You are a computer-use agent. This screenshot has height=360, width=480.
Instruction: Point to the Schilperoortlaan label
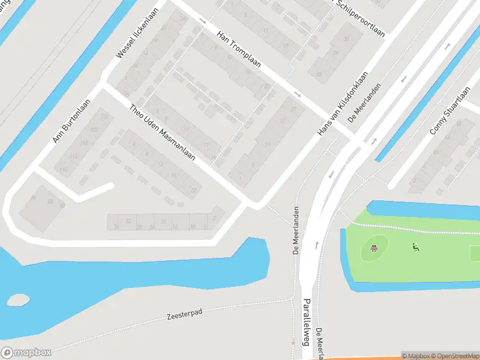coord(360,18)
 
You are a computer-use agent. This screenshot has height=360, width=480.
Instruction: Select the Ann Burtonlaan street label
coord(71,121)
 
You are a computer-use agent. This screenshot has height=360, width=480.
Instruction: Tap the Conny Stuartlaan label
coord(449,114)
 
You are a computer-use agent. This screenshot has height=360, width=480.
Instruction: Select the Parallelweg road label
coord(307,322)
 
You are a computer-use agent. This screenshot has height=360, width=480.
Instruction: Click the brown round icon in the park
coord(374,248)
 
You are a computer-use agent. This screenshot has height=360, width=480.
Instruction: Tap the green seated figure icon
coord(415,247)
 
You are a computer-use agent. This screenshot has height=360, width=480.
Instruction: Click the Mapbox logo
coord(26,352)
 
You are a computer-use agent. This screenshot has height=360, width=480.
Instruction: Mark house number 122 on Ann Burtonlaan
coord(94,130)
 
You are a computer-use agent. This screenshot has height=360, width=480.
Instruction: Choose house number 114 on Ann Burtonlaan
coord(73,157)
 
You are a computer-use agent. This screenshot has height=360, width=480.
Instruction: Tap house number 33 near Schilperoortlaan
coord(346,40)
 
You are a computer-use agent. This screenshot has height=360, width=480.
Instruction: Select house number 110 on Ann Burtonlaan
coord(64,170)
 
